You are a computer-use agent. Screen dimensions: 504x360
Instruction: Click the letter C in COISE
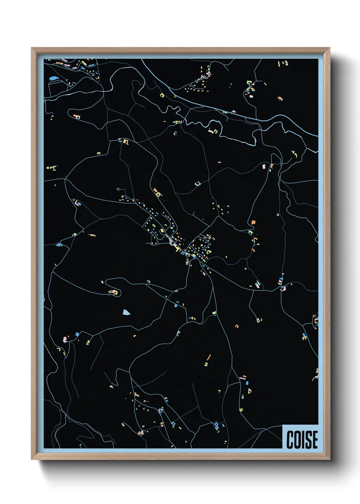(290, 440)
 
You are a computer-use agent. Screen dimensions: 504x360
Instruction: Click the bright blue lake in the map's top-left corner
(54, 78)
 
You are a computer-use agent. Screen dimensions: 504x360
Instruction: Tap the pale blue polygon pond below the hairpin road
(126, 312)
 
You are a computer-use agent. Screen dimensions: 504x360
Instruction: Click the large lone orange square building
(253, 222)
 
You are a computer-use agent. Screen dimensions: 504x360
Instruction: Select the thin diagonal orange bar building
(209, 357)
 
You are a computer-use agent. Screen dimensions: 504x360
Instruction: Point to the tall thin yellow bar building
(279, 64)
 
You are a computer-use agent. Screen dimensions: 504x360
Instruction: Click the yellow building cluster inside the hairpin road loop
(114, 292)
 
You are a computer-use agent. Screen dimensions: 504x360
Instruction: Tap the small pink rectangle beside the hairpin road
(102, 282)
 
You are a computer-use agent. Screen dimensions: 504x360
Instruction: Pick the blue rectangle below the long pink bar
(247, 383)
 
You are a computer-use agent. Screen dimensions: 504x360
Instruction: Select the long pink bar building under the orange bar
(243, 378)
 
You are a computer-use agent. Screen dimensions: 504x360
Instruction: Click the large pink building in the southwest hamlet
(65, 340)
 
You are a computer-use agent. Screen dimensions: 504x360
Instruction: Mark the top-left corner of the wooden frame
(32, 48)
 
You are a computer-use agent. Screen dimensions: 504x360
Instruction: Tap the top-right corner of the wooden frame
(329, 48)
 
